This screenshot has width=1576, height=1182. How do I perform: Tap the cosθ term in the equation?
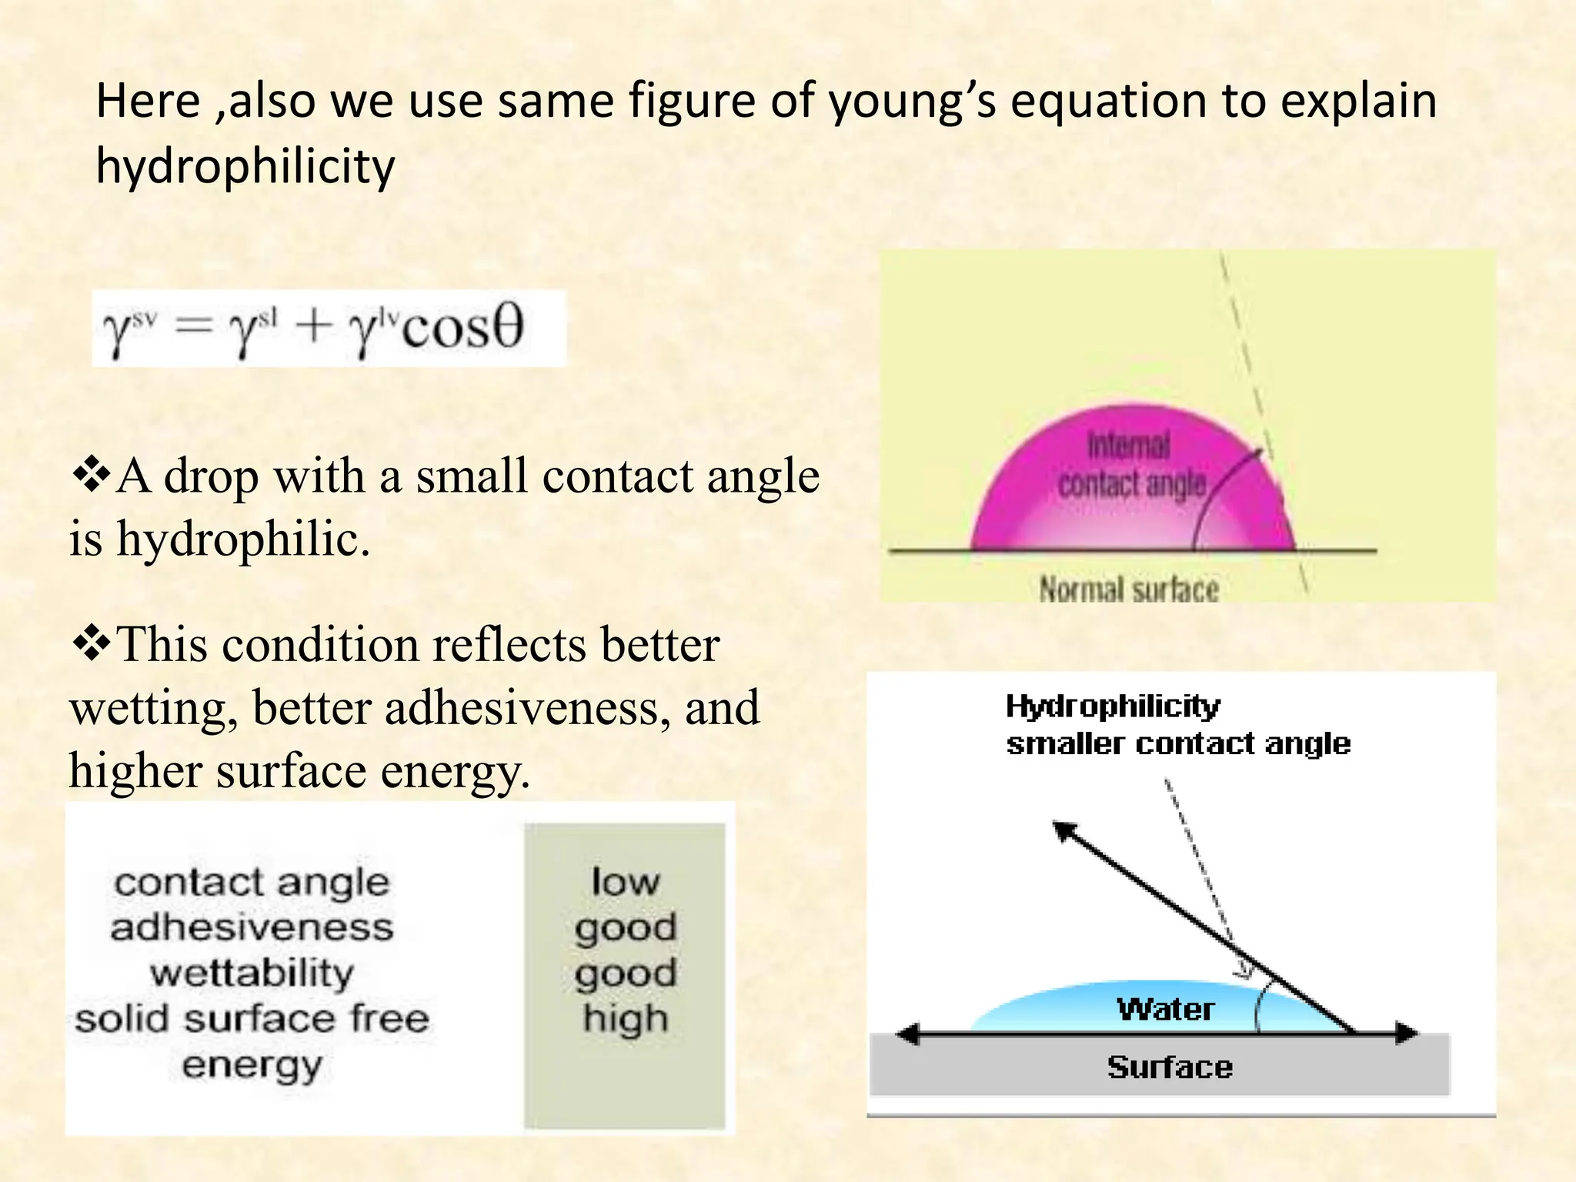coord(462,327)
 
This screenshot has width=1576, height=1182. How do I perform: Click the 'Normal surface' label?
coord(1129,590)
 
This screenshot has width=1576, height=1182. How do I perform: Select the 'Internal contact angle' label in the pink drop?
coord(1131,466)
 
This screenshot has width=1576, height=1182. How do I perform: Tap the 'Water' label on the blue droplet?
coord(1166,1009)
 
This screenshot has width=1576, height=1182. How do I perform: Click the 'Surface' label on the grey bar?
coord(1170,1067)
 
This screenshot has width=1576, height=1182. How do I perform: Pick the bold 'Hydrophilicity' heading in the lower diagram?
coord(1113,706)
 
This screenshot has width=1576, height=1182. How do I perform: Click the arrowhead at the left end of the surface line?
coord(909,1033)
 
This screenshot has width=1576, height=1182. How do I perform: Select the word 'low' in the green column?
coord(625,882)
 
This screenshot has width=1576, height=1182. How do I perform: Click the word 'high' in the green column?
coord(625,1020)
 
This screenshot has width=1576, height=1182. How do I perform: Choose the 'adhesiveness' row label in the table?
coord(252,927)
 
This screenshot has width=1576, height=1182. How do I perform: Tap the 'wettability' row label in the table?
coord(252,973)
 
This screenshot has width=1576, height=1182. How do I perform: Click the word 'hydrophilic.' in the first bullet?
coord(243,539)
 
